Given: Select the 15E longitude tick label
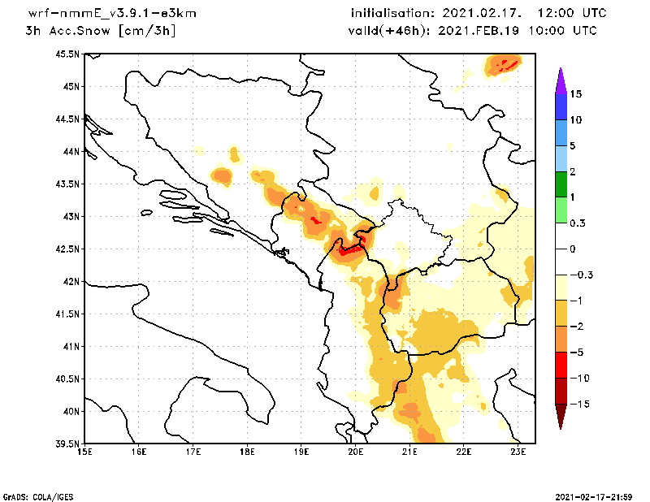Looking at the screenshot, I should pos(84,452).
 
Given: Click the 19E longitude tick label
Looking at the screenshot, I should pos(301,452).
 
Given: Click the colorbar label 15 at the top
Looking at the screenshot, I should pos(575,94).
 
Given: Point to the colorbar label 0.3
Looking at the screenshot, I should pos(578,223).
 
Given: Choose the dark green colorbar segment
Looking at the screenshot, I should pos(561,184).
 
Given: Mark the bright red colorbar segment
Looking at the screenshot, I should pos(561,365).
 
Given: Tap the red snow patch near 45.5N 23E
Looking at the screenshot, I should pos(507,63).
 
